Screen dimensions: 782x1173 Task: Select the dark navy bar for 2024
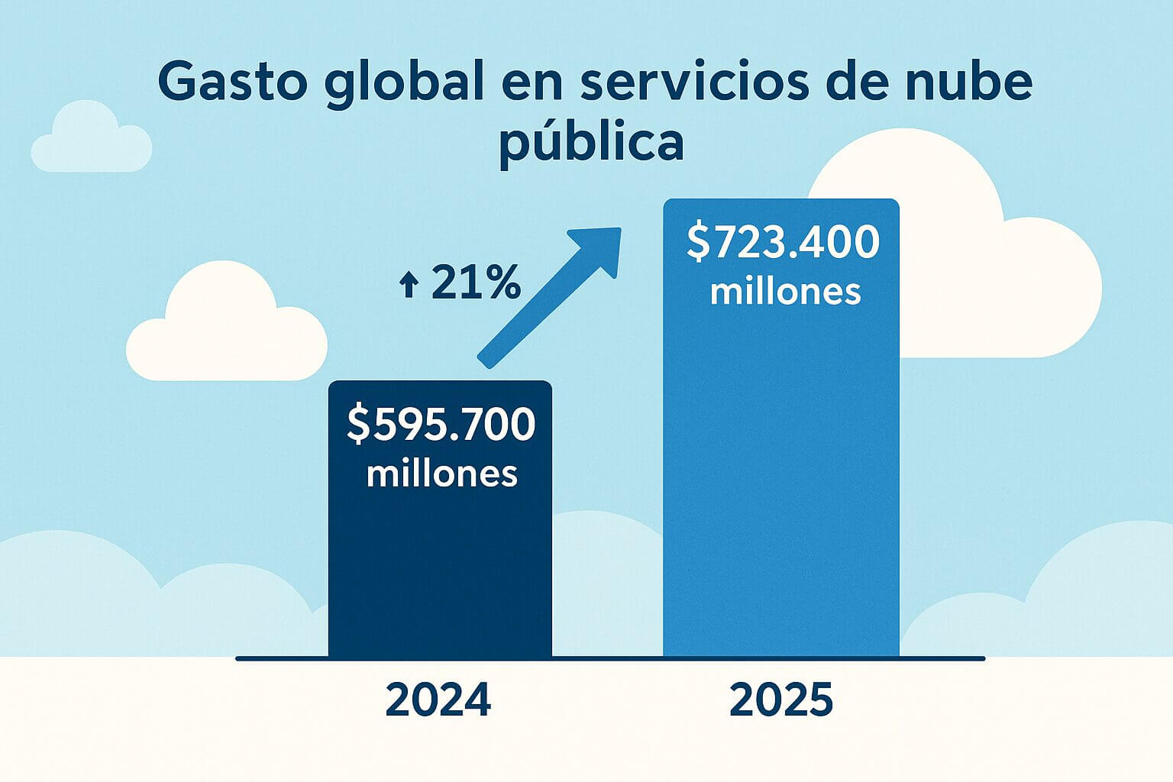(x=440, y=573)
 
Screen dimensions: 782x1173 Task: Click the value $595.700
(x=441, y=425)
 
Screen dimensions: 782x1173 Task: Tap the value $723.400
(x=784, y=242)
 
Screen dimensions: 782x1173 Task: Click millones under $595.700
(x=441, y=473)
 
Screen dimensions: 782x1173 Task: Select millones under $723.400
(x=785, y=292)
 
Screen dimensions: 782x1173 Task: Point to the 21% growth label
(x=475, y=283)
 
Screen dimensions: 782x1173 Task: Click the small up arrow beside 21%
(x=409, y=286)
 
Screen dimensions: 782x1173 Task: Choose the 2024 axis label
(x=438, y=700)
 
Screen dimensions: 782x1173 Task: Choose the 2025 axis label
(x=780, y=700)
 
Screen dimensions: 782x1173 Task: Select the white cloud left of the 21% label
(x=225, y=336)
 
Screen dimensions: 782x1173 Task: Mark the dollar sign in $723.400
(x=698, y=242)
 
